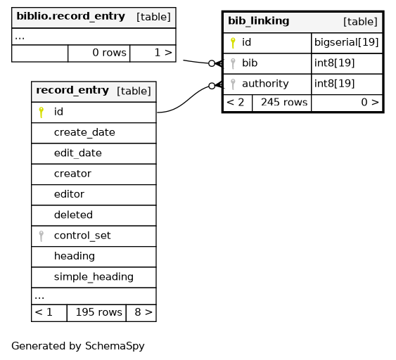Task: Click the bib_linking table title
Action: point(259,21)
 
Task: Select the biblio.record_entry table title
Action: point(71,16)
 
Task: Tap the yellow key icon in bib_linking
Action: point(233,43)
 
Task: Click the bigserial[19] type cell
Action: point(347,42)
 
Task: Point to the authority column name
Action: point(265,84)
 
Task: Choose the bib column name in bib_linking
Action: point(250,63)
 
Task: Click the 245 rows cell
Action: point(284,102)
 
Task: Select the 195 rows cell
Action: point(98,312)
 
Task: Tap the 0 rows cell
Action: point(109,53)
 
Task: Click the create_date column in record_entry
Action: point(84,132)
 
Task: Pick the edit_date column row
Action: point(94,153)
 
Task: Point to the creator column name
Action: point(72,174)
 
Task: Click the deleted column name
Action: point(73,215)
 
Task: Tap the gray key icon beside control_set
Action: point(41,236)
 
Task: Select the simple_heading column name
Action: point(94,277)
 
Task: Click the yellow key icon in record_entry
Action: point(41,112)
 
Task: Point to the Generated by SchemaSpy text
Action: point(78,346)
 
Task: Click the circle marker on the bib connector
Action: point(212,63)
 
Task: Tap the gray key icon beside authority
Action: point(233,84)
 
